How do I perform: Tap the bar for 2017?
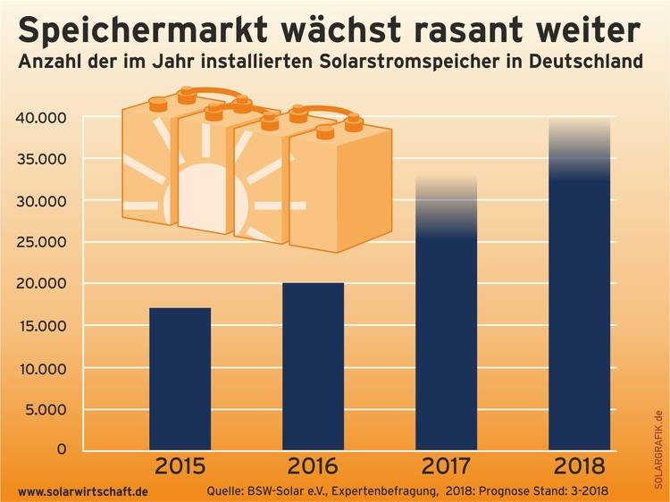(x=447, y=339)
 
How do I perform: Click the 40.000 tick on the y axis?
(x=42, y=118)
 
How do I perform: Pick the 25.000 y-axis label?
(x=42, y=242)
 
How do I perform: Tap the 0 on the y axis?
(x=61, y=449)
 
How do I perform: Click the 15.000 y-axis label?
(x=42, y=326)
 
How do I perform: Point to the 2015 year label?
(x=180, y=466)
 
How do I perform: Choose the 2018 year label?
(x=580, y=466)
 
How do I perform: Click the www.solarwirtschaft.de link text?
(x=83, y=491)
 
